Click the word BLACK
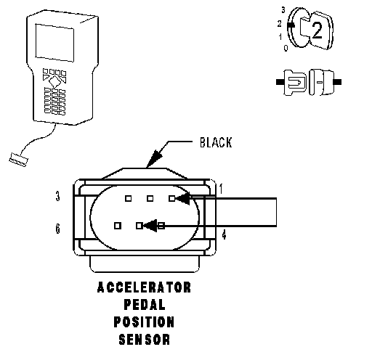click(x=216, y=142)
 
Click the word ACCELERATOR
click(x=144, y=287)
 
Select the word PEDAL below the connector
click(x=145, y=305)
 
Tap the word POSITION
click(x=144, y=322)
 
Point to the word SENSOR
click(x=145, y=339)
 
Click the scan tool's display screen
click(x=54, y=43)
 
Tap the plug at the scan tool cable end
click(x=19, y=160)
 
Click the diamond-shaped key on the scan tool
click(x=54, y=82)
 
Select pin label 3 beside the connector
click(x=57, y=196)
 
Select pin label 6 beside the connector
click(x=57, y=229)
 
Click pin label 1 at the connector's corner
click(x=221, y=189)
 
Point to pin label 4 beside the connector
click(x=225, y=234)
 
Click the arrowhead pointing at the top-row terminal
click(x=182, y=199)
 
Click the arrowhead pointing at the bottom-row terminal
click(x=150, y=226)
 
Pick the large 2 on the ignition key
click(x=318, y=30)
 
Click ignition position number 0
click(x=286, y=48)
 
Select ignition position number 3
click(x=283, y=10)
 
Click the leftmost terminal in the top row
click(x=129, y=199)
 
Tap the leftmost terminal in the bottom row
click(x=118, y=226)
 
